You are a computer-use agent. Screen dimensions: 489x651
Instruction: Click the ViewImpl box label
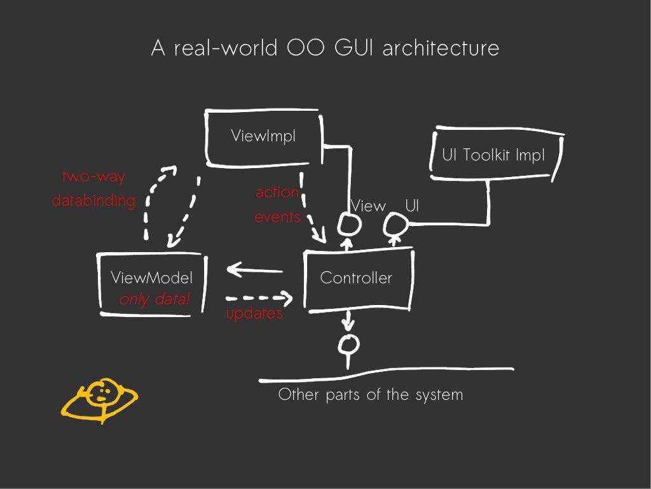(263, 136)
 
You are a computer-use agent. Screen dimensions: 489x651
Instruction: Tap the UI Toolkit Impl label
(493, 155)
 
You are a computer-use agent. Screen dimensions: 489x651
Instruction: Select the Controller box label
(356, 278)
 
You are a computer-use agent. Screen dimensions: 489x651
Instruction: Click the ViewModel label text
(151, 278)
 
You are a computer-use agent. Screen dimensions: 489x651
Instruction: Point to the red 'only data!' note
(154, 299)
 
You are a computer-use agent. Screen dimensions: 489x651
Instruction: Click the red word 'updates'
(254, 314)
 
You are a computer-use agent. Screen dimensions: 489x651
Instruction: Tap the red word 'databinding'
(93, 201)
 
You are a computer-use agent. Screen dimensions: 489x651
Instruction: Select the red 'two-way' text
(93, 178)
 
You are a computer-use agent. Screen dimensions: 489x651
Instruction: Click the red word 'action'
(277, 192)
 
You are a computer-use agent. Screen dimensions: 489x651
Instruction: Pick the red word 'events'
(277, 217)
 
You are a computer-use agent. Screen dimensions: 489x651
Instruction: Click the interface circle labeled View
(348, 224)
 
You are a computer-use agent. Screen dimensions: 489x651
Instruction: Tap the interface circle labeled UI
(395, 224)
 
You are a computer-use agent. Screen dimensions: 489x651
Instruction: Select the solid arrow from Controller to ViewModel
(254, 270)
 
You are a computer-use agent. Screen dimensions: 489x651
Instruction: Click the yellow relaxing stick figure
(100, 399)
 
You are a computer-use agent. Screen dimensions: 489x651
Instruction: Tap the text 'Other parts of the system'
(371, 395)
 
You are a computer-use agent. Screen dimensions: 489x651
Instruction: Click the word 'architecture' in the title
(441, 48)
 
